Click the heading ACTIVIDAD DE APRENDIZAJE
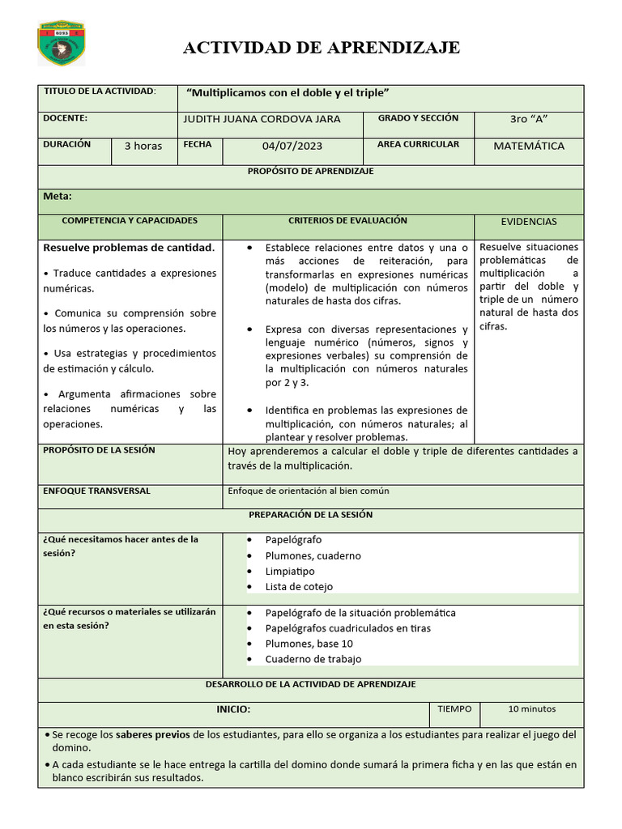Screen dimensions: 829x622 (x=322, y=48)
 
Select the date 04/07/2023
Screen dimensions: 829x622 (x=292, y=147)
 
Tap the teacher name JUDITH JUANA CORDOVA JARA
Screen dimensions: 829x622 (x=262, y=119)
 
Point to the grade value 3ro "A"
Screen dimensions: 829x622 (x=528, y=119)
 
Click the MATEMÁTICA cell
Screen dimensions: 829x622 (x=529, y=147)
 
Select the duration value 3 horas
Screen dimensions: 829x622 (x=143, y=147)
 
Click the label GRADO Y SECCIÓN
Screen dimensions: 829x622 (x=418, y=118)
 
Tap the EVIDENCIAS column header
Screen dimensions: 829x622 (x=528, y=222)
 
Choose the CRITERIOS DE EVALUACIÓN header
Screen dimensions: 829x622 (x=347, y=220)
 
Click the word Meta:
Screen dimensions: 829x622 (x=58, y=196)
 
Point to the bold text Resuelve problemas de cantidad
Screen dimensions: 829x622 (x=129, y=247)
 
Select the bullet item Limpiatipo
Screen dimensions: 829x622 (x=290, y=572)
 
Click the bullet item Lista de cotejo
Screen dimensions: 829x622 (x=299, y=587)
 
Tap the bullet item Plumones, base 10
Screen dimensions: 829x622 (x=309, y=644)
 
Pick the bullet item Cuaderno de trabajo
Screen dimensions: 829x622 (x=313, y=659)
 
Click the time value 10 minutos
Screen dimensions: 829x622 (x=531, y=709)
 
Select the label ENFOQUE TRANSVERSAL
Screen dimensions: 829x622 (x=96, y=491)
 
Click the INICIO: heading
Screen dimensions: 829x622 (x=233, y=709)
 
